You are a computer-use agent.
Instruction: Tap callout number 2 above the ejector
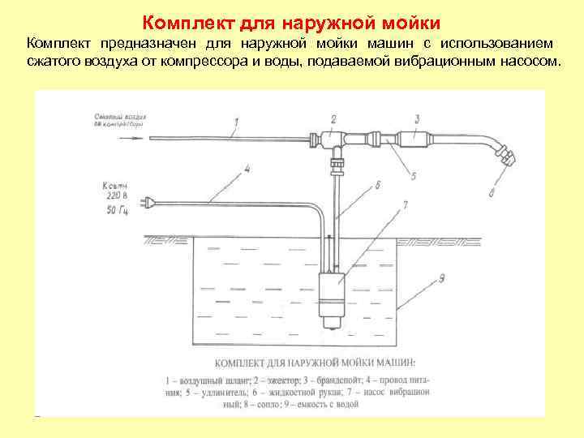[333, 118]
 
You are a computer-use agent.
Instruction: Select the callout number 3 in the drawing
[416, 119]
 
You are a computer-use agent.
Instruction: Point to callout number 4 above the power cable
[247, 169]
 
